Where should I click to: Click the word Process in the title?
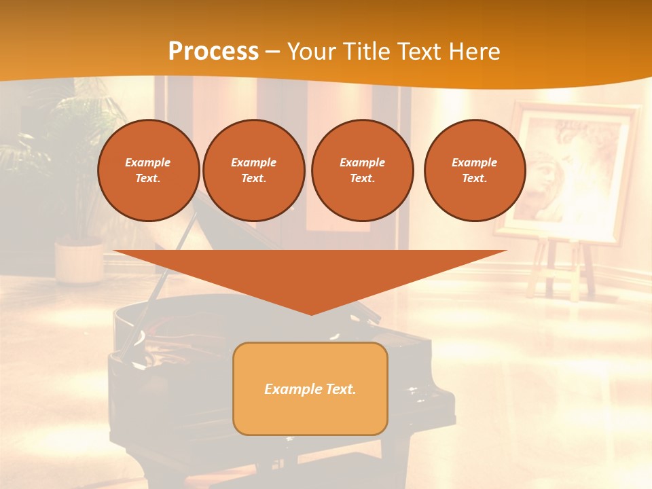click(x=213, y=52)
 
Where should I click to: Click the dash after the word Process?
click(x=273, y=52)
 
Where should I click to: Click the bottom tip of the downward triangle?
click(x=310, y=313)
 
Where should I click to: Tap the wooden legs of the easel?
click(x=564, y=268)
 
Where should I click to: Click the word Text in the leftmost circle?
click(x=147, y=179)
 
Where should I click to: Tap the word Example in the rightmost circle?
click(x=474, y=162)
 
